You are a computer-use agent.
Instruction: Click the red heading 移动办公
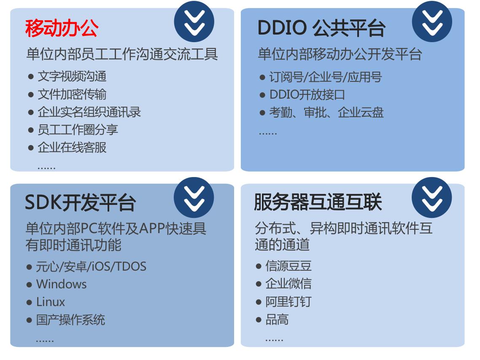[x=62, y=29]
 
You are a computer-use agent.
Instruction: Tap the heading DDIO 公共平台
[x=321, y=29]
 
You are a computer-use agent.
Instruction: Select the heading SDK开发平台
[x=80, y=203]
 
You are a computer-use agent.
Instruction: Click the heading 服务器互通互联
[x=318, y=202]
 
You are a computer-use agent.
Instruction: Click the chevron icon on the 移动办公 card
[x=194, y=21]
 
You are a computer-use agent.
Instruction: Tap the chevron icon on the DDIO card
[x=432, y=21]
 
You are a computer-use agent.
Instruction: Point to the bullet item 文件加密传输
[x=72, y=94]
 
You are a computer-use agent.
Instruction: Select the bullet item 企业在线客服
[x=72, y=148]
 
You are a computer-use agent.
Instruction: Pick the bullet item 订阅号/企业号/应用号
[x=325, y=77]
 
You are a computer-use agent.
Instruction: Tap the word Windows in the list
[x=61, y=284]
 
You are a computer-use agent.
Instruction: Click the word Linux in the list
[x=51, y=302]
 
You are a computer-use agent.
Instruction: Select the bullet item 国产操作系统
[x=70, y=320]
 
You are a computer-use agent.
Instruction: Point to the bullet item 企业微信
[x=289, y=284]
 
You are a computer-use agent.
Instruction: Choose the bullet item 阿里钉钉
[x=289, y=302]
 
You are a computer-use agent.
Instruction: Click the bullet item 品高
[x=277, y=320]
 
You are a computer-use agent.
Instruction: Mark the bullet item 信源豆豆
[x=289, y=266]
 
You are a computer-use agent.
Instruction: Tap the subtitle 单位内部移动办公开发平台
[x=340, y=55]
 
